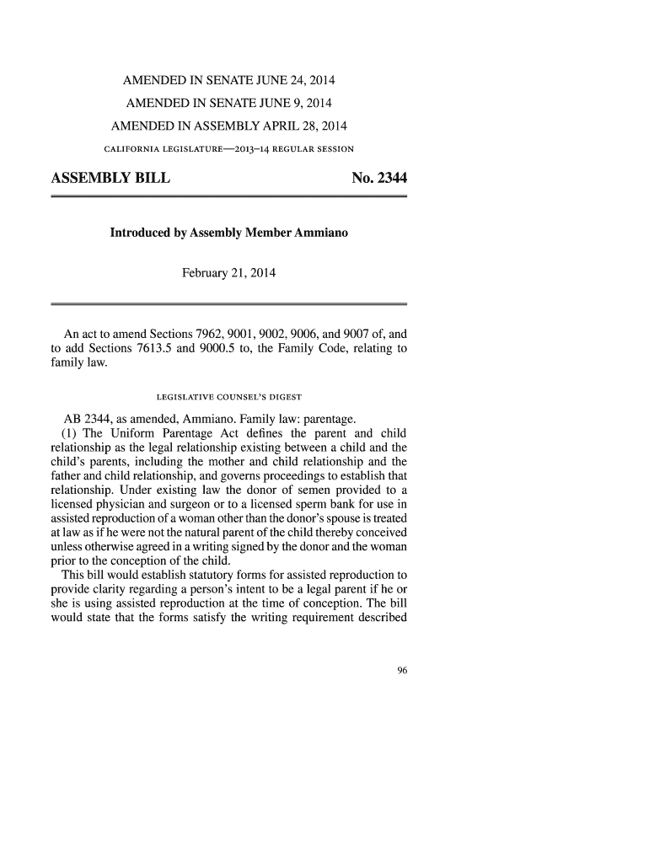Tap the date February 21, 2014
click(x=229, y=274)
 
